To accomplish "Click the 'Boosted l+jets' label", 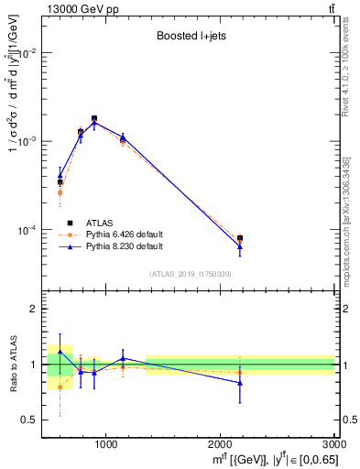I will coord(189,37).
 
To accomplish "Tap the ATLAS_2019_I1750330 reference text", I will coord(190,274).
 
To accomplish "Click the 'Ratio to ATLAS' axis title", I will coord(13,364).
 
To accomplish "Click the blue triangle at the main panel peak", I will coord(94,120).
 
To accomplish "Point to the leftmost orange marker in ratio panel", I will coord(60,387).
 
